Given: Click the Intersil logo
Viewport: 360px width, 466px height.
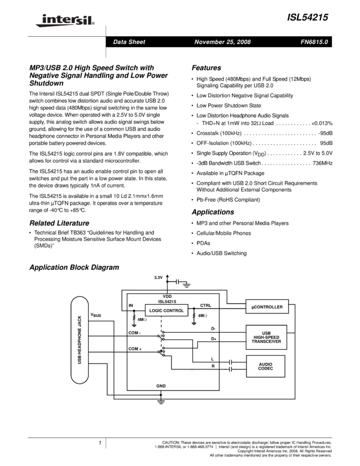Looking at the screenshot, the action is click(63, 21).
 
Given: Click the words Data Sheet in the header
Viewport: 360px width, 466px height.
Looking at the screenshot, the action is click(129, 42).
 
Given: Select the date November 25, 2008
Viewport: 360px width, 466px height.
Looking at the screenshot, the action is click(222, 42).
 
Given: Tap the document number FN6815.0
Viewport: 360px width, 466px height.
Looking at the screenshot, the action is click(314, 42).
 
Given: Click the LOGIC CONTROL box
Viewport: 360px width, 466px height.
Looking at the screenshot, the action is click(167, 311).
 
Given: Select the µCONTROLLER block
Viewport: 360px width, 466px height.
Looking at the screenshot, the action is click(267, 307).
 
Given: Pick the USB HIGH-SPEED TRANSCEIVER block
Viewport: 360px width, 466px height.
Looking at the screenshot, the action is click(266, 337).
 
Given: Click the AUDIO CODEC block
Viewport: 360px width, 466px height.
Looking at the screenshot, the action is click(266, 367).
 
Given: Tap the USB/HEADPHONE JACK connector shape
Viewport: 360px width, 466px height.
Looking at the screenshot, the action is click(80, 340).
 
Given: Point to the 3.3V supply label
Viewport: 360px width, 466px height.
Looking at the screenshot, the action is click(158, 278).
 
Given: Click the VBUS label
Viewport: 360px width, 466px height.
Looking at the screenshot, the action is click(96, 315).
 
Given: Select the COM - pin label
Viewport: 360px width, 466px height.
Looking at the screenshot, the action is click(135, 333).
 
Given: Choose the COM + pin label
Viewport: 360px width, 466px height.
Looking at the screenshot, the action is click(135, 349).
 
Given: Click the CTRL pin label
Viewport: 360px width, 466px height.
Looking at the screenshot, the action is click(205, 305).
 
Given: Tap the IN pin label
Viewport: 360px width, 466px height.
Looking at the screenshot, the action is click(131, 305).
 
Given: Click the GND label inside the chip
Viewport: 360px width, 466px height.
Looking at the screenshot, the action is click(161, 386).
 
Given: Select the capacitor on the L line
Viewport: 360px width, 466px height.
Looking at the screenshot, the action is click(231, 362).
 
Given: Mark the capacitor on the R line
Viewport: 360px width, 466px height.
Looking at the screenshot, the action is click(231, 370).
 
